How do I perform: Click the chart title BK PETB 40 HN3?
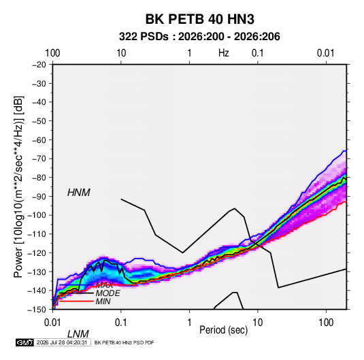tap(199, 19)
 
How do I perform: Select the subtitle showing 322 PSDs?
tap(199, 37)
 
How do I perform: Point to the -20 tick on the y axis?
tap(39, 65)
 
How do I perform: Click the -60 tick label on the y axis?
tap(39, 140)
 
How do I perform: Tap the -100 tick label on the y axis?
tap(37, 215)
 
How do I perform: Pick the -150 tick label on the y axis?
tap(37, 310)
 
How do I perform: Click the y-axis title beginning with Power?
tap(18, 186)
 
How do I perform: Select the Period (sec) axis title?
tap(224, 330)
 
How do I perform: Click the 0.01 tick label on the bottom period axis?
tap(52, 323)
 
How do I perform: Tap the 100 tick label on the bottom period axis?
tap(326, 323)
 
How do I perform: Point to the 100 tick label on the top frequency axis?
tap(52, 53)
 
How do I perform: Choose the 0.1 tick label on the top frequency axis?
tap(258, 53)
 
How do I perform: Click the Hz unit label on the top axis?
tap(224, 53)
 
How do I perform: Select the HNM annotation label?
tap(79, 193)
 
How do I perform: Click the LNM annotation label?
tap(78, 334)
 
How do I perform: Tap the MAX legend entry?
tap(105, 285)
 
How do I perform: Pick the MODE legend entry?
tap(107, 293)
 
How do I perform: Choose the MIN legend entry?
tap(103, 301)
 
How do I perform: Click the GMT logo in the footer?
tap(24, 342)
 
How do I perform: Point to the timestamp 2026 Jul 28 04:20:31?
tap(62, 342)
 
